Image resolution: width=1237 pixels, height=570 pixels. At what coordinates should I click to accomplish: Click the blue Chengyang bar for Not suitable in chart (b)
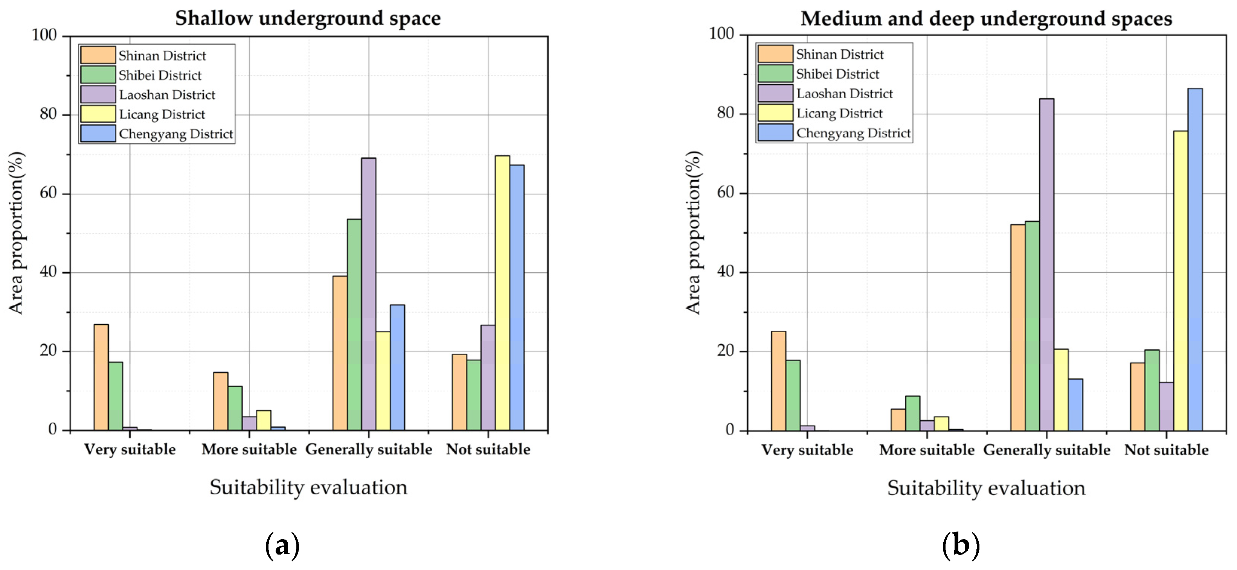1195,259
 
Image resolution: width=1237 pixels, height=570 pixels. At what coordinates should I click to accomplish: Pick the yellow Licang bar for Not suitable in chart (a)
502,293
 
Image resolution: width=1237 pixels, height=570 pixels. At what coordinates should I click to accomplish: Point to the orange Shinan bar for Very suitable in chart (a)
101,377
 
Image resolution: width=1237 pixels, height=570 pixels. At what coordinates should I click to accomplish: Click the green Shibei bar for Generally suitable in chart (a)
354,324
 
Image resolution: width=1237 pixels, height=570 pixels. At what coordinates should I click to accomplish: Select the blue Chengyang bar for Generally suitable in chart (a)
397,367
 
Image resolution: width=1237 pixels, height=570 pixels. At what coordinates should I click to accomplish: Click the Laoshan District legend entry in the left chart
167,94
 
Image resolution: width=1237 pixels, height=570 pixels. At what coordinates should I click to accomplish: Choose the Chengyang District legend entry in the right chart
853,133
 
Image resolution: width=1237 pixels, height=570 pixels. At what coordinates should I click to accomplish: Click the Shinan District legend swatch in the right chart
775,54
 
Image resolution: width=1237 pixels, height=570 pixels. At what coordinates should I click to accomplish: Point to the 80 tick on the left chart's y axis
49,114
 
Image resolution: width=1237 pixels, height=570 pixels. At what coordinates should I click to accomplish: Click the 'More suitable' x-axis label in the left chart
249,450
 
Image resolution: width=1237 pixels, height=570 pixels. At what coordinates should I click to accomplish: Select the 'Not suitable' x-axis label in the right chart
1166,450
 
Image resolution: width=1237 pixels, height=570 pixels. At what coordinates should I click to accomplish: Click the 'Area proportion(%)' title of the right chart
693,233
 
